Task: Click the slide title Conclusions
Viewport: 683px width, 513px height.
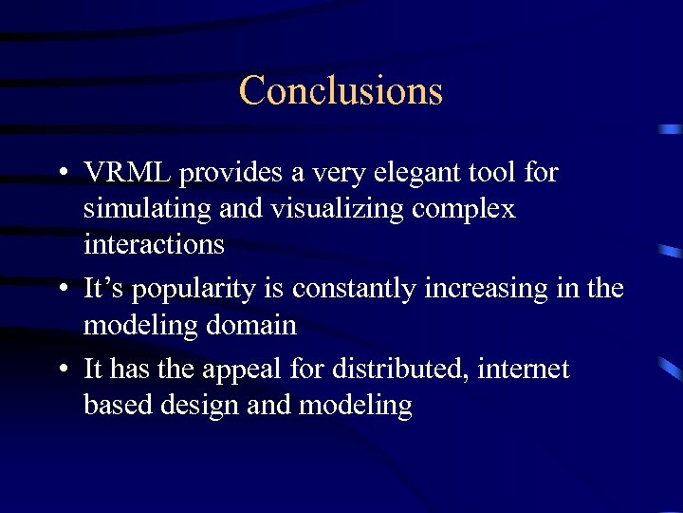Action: click(341, 90)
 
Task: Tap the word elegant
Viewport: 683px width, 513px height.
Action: click(404, 173)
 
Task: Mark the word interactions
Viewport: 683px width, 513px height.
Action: click(154, 244)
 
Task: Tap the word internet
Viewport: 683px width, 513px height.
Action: click(526, 369)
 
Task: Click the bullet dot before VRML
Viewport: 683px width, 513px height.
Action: click(61, 175)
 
